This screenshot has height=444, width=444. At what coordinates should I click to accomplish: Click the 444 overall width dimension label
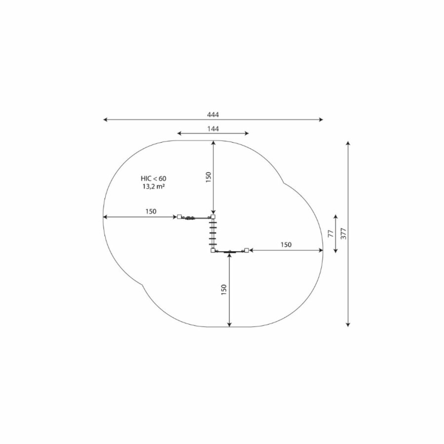pyautogui.click(x=213, y=114)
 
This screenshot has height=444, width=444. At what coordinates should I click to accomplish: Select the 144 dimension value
pyautogui.click(x=213, y=129)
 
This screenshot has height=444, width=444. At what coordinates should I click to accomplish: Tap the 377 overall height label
pyautogui.click(x=343, y=234)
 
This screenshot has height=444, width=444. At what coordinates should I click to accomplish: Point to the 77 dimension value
pyautogui.click(x=331, y=234)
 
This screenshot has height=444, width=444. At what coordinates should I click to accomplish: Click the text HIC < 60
pyautogui.click(x=153, y=179)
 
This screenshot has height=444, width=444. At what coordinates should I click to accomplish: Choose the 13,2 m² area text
pyautogui.click(x=154, y=186)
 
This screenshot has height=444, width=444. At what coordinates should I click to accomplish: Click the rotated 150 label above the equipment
pyautogui.click(x=208, y=177)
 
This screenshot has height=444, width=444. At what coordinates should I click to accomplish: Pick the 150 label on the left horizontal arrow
pyautogui.click(x=151, y=211)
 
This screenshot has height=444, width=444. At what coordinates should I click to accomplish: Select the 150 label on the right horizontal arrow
pyautogui.click(x=286, y=245)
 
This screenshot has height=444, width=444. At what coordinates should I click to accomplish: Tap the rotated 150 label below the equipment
pyautogui.click(x=223, y=290)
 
